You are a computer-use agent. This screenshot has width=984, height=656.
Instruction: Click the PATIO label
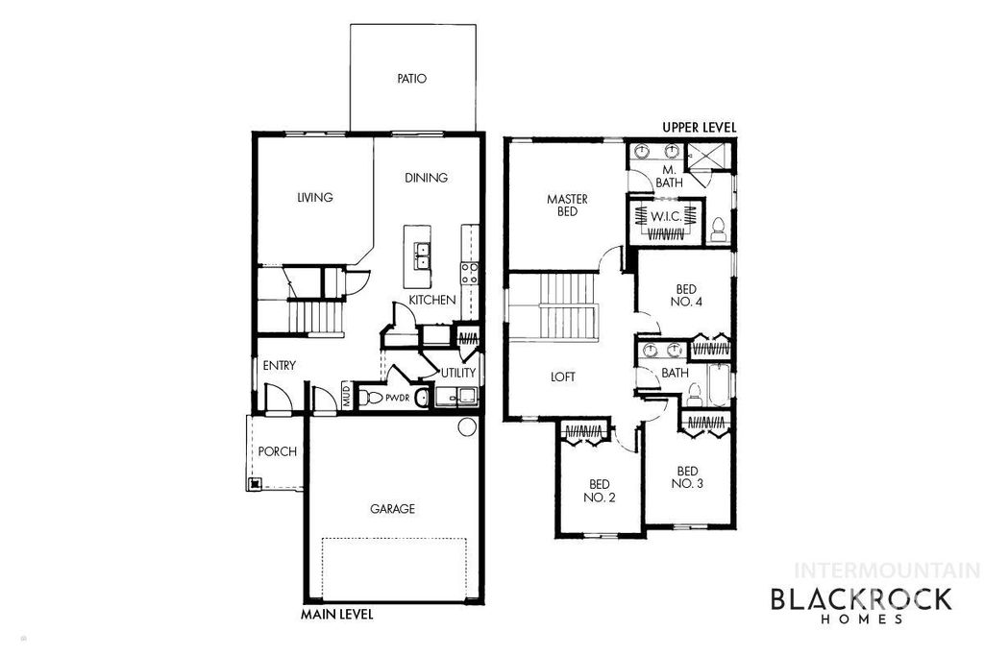[411, 79]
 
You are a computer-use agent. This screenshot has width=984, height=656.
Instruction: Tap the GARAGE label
[393, 509]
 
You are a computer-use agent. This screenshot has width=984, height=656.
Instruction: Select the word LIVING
[314, 198]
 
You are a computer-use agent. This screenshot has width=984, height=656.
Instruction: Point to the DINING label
[426, 178]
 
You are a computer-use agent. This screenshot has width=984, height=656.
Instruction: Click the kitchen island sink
[421, 255]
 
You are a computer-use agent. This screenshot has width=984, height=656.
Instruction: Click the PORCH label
[278, 451]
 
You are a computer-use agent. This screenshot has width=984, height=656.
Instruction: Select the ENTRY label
[279, 365]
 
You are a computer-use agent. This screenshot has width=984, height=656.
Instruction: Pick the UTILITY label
[458, 373]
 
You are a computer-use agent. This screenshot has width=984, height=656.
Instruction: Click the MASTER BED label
[567, 206]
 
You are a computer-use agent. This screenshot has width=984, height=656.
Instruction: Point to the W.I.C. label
[666, 217]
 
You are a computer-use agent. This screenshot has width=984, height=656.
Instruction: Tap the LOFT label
[563, 377]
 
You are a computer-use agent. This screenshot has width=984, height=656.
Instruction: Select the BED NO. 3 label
[687, 477]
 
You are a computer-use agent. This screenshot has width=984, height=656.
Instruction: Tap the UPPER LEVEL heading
[700, 127]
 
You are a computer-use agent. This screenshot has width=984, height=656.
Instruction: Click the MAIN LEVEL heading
[336, 613]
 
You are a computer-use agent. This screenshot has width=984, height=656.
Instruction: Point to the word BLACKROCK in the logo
[861, 599]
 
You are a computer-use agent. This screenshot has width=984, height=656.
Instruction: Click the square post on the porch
[256, 484]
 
